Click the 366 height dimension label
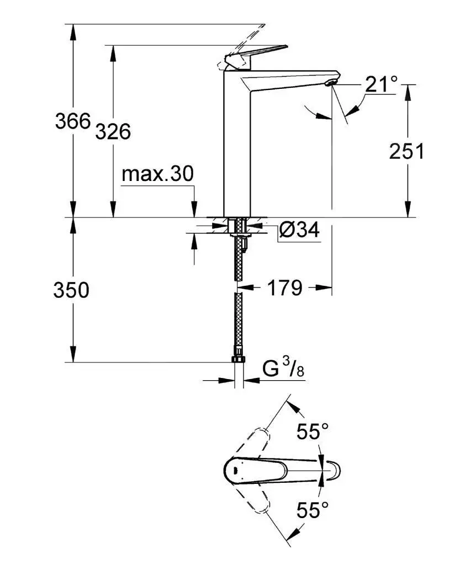(x=72, y=121)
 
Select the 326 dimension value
(x=113, y=132)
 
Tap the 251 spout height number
(x=407, y=151)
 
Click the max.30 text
(x=157, y=174)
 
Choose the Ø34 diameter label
(x=299, y=231)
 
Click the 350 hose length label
(x=71, y=290)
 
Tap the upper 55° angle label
(x=312, y=431)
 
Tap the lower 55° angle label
(x=312, y=510)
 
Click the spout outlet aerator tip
(x=330, y=83)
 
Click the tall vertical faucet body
(x=237, y=149)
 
